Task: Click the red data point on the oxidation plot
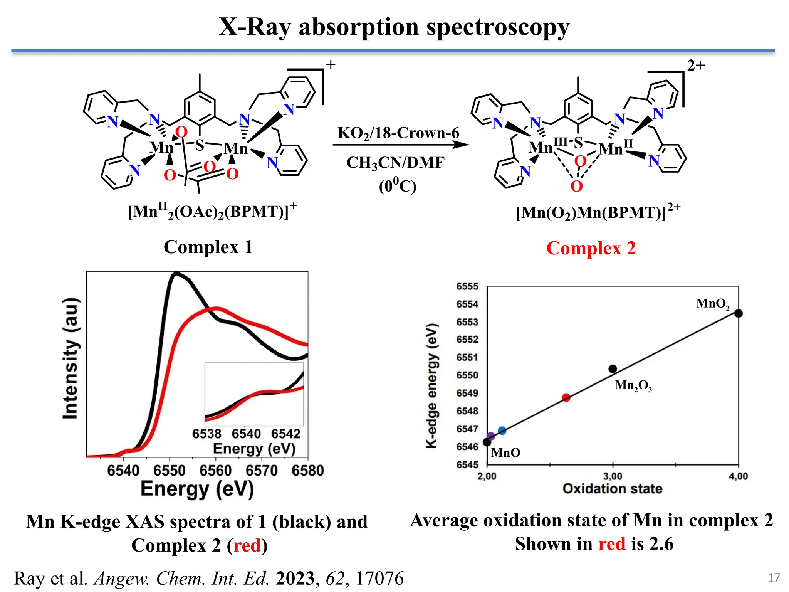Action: click(x=566, y=397)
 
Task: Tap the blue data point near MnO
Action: click(x=502, y=431)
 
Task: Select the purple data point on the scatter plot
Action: click(x=491, y=436)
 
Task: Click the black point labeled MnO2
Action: click(x=738, y=313)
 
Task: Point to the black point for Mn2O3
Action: click(x=613, y=369)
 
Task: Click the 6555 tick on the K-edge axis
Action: click(x=467, y=286)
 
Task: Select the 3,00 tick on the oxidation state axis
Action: click(x=613, y=476)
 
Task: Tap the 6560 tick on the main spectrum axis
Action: click(x=215, y=471)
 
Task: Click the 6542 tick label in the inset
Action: click(x=285, y=434)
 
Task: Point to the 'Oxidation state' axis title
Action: click(x=612, y=489)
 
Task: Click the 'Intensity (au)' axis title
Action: click(x=71, y=358)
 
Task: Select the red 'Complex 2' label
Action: click(x=591, y=248)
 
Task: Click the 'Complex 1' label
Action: click(x=208, y=247)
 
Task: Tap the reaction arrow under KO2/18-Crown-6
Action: click(x=401, y=145)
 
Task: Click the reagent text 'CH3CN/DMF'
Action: click(x=395, y=163)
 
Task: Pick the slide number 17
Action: click(x=774, y=577)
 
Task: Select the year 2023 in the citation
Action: click(x=295, y=578)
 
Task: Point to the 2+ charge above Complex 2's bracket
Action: click(x=696, y=66)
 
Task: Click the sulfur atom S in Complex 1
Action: click(x=199, y=145)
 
